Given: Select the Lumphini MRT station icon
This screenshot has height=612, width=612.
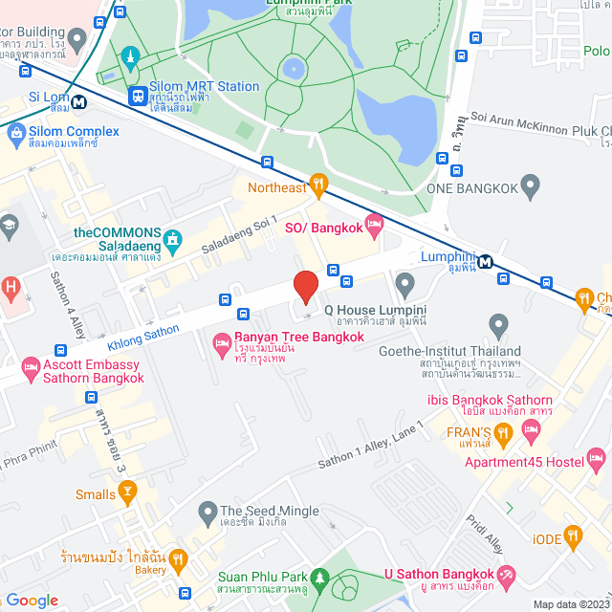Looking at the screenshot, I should click(486, 261).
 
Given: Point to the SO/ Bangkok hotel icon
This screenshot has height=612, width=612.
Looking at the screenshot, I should click(373, 227).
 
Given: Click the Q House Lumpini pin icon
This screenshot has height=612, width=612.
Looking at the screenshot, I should click(404, 282).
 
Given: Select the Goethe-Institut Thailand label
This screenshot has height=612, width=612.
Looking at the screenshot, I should click(470, 352).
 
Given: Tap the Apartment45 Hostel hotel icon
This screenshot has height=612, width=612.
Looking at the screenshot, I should click(597, 456).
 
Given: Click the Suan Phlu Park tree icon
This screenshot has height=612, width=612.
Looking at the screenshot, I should click(319, 578).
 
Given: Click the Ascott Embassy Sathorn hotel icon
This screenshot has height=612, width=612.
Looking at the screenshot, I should click(30, 366).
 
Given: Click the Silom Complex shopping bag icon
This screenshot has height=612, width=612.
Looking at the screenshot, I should click(15, 134).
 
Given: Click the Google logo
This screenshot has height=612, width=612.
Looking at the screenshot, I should click(32, 600).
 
